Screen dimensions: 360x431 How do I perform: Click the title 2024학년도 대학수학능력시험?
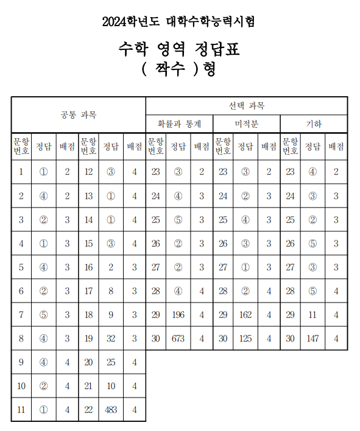click(x=179, y=22)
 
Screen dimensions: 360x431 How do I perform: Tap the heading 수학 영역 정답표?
click(x=179, y=49)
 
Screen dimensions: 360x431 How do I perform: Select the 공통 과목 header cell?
click(x=79, y=114)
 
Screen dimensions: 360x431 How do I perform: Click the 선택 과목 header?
click(x=247, y=106)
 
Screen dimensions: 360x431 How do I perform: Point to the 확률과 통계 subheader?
click(x=179, y=124)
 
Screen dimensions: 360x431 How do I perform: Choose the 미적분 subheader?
click(x=247, y=124)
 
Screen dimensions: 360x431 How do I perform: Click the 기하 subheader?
click(x=314, y=124)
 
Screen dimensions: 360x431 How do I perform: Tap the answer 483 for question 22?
click(x=110, y=410)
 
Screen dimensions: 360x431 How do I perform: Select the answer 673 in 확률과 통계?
click(x=178, y=338)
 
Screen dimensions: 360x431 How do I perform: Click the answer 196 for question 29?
click(x=178, y=315)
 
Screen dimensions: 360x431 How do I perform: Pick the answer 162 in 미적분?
click(x=245, y=315)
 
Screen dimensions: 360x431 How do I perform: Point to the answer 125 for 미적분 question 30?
click(x=245, y=338)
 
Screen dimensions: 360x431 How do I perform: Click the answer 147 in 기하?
click(x=312, y=338)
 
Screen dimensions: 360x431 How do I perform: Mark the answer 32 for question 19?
click(x=110, y=338)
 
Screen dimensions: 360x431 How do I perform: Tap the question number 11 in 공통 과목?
click(x=21, y=410)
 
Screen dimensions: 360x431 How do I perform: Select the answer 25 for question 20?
click(x=110, y=362)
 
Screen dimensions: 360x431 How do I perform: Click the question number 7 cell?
click(x=21, y=315)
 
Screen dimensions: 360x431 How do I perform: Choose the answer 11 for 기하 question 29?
click(x=312, y=315)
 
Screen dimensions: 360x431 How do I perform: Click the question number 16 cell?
click(x=89, y=267)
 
